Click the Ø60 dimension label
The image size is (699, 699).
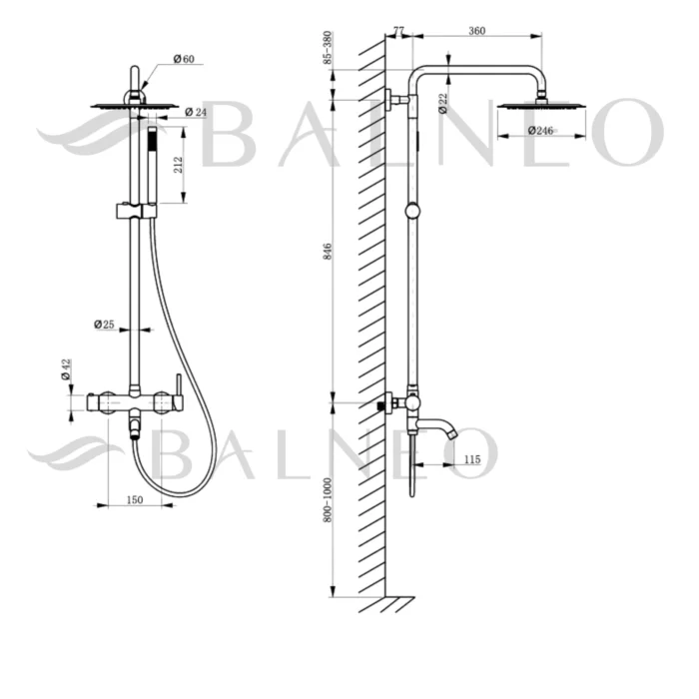pos(183,60)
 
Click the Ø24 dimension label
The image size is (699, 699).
pos(196,112)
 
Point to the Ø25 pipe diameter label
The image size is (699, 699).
pos(106,325)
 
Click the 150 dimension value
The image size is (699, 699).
pos(135,499)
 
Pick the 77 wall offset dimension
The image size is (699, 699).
pos(399,32)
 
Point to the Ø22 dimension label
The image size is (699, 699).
pos(441,101)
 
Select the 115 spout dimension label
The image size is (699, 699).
pos(472,459)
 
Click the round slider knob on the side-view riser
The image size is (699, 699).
pos(411,211)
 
